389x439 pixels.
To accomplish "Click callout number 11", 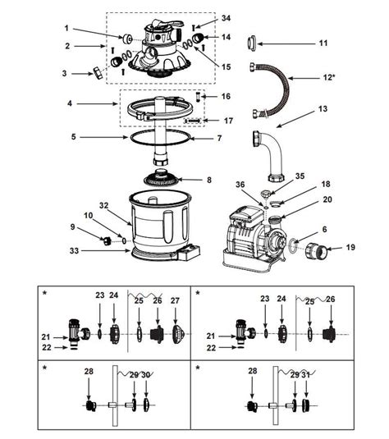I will [x=323, y=43].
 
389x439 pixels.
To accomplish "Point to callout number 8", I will [x=208, y=180].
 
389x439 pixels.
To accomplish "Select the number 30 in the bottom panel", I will [x=146, y=375].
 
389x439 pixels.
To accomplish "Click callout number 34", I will [x=204, y=18].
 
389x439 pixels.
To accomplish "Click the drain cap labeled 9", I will [x=105, y=240].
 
